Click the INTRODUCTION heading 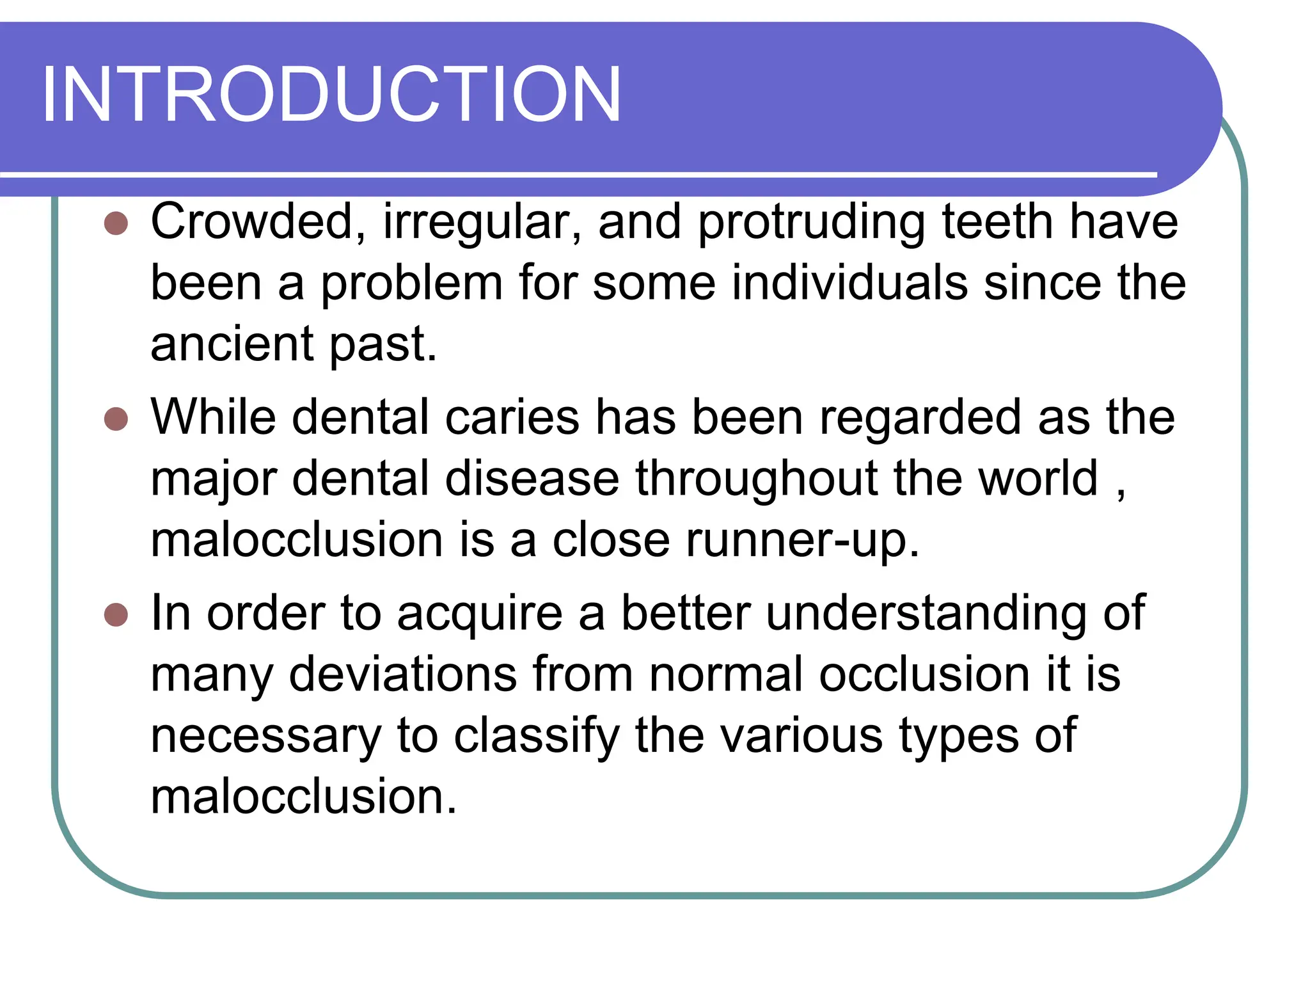[331, 95]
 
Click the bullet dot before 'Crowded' [116, 223]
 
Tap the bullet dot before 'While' [116, 419]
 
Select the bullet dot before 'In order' [116, 615]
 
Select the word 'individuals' [849, 283]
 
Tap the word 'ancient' [232, 344]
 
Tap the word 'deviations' [403, 675]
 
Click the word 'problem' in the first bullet [412, 283]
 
